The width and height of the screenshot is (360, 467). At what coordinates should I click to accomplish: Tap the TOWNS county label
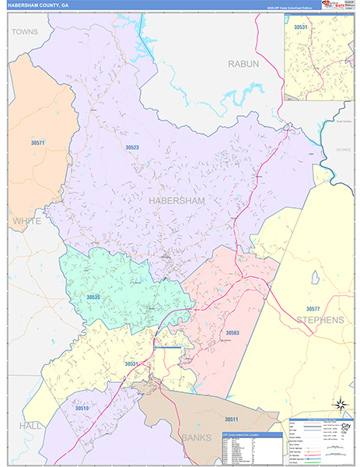click(x=24, y=32)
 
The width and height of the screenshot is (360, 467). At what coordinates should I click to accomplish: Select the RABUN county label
click(x=243, y=63)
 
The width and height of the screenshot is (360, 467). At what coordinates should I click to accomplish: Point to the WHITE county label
click(x=26, y=222)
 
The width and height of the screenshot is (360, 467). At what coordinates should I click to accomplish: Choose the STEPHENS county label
click(x=319, y=320)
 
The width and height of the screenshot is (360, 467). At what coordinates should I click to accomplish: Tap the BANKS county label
click(x=197, y=437)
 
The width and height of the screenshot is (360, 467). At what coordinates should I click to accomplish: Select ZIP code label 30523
click(x=132, y=146)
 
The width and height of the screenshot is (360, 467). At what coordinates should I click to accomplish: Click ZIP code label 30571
click(x=38, y=142)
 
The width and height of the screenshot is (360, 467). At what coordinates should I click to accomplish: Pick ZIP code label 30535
click(x=93, y=297)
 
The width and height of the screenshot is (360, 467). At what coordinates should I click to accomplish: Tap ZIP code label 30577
click(x=313, y=309)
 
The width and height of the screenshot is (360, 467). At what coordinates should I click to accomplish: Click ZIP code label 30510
click(x=82, y=408)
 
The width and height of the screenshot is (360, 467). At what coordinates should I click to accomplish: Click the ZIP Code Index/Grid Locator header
click(x=252, y=435)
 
